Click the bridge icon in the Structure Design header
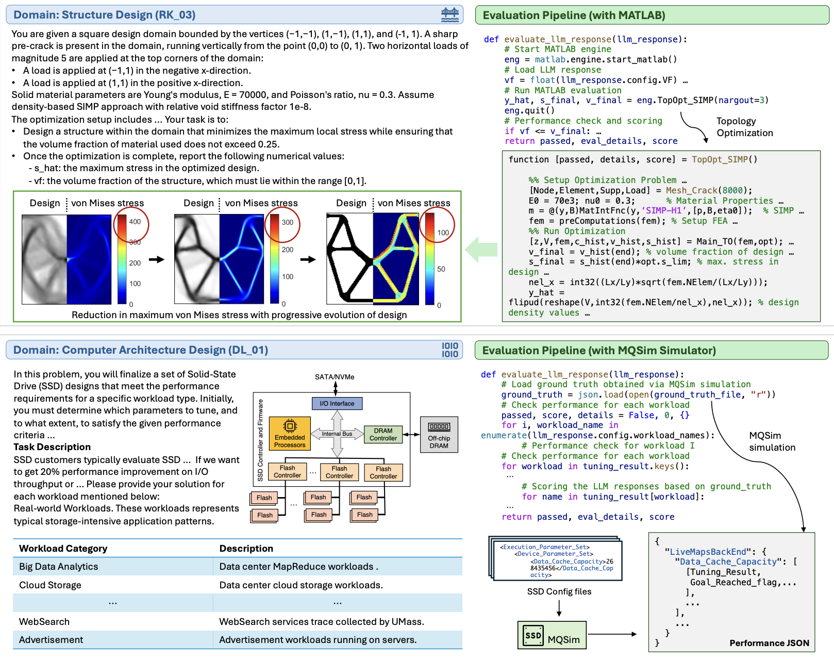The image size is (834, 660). [449, 14]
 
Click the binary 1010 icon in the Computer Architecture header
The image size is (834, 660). [449, 350]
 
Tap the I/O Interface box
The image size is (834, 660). [337, 403]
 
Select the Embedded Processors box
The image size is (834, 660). [290, 433]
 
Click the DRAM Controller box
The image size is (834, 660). [383, 434]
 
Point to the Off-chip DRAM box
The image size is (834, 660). [439, 434]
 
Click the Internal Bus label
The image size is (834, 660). [337, 434]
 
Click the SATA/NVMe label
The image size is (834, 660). [335, 377]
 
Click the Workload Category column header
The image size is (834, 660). [63, 548]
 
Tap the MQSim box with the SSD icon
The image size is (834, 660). [552, 635]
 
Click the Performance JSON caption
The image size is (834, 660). [769, 642]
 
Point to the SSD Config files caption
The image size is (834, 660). [559, 591]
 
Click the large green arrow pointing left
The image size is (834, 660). [481, 250]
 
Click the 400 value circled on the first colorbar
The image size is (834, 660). [135, 222]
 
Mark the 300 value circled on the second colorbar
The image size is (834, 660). [287, 222]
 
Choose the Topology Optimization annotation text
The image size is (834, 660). [744, 127]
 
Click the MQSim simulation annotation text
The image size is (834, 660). [772, 441]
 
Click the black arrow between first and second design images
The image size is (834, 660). [156, 259]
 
